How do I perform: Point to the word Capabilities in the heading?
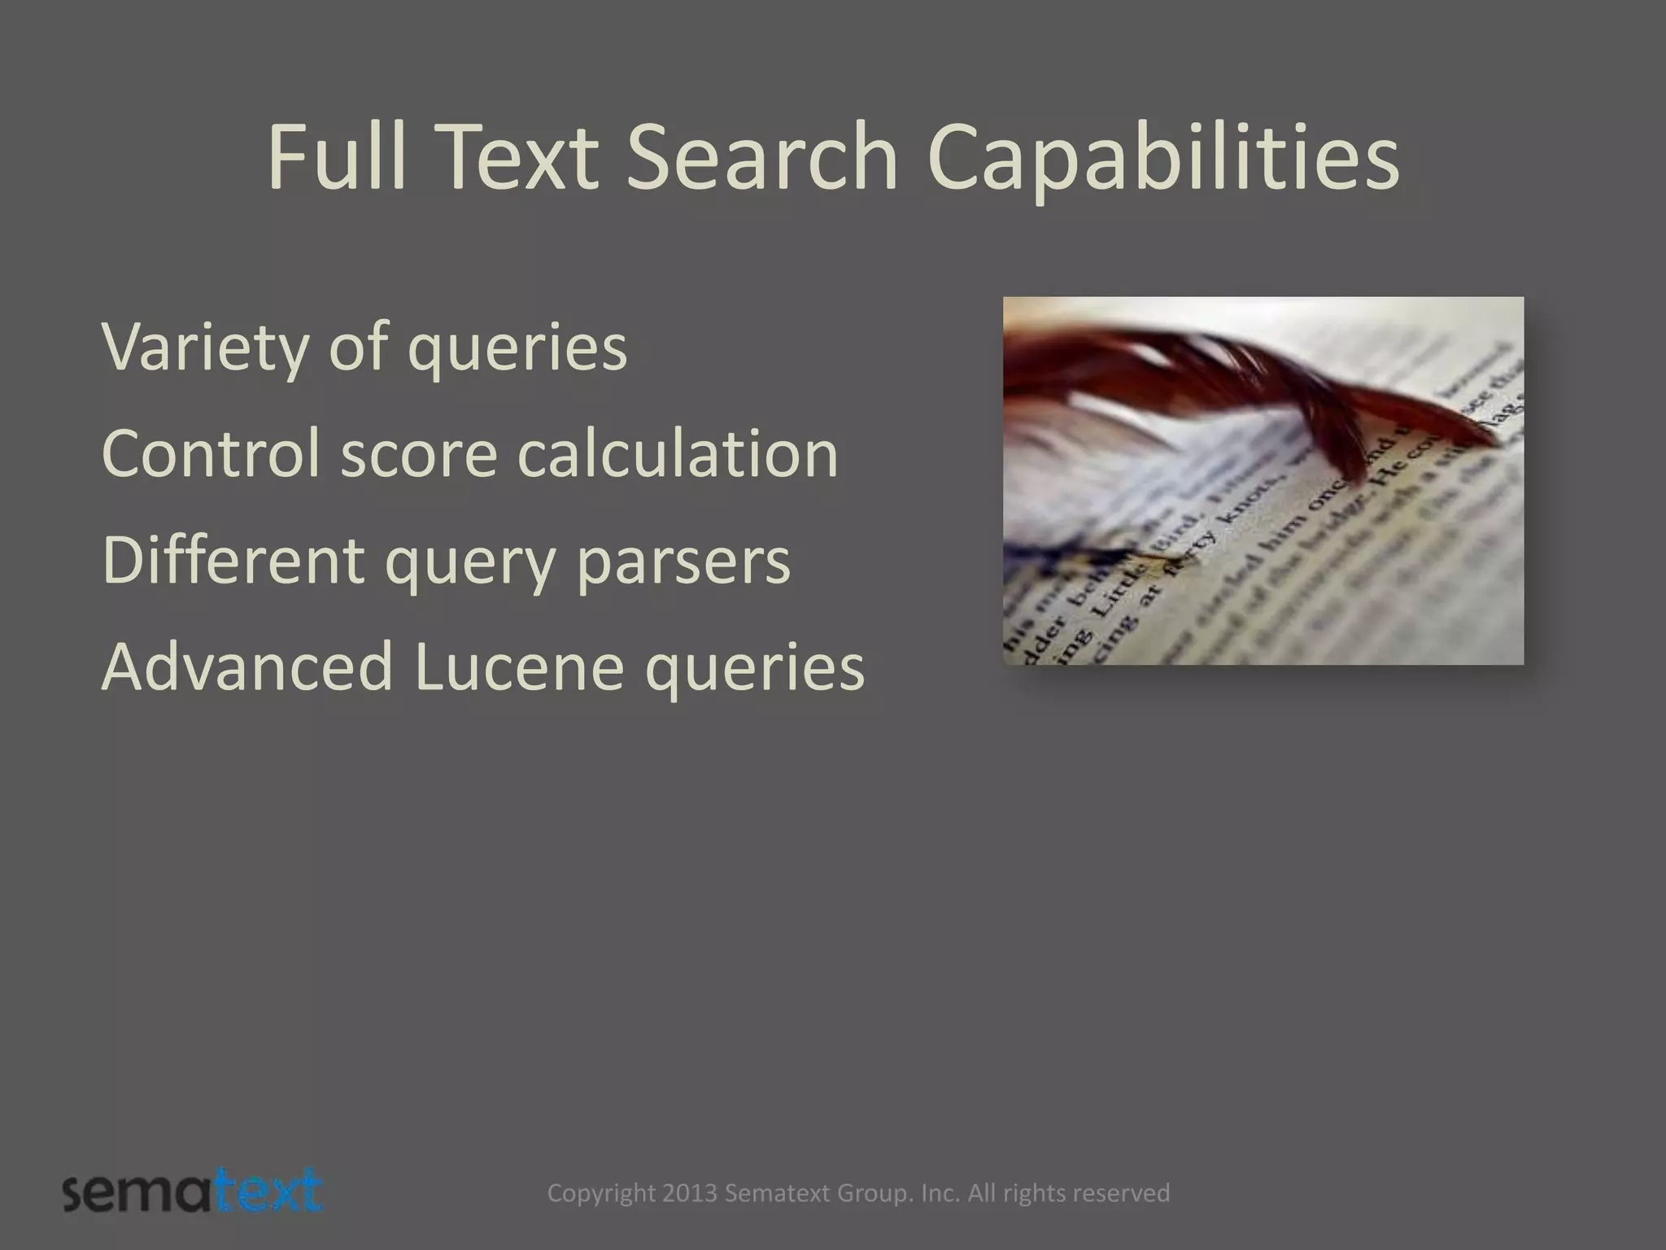[1163, 160]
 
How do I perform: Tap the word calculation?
[678, 453]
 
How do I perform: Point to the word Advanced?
[247, 667]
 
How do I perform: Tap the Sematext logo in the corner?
[192, 1193]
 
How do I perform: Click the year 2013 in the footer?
[690, 1193]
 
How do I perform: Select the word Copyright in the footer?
[601, 1194]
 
